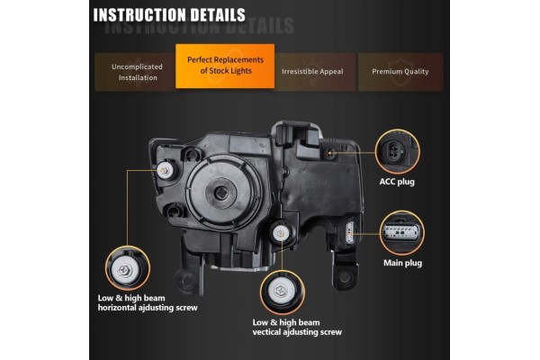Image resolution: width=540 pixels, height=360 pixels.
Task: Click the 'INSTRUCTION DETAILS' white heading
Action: tap(169, 14)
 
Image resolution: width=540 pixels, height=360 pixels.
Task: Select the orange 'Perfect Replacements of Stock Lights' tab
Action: tap(225, 66)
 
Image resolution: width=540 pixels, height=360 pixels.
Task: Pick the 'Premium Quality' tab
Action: tap(400, 72)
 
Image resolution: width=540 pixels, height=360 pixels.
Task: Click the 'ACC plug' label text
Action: tap(397, 182)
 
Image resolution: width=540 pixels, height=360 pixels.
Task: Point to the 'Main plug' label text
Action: tap(402, 263)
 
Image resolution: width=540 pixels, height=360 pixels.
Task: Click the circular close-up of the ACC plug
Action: tap(397, 151)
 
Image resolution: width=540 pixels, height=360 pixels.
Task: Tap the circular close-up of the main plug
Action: tap(402, 233)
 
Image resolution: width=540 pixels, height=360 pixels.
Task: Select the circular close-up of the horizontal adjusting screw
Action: tap(128, 268)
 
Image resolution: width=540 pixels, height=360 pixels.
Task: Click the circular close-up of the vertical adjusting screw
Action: tap(283, 292)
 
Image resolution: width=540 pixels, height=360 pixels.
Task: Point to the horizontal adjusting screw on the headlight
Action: tap(165, 170)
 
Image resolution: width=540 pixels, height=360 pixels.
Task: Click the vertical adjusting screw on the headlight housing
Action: tap(280, 234)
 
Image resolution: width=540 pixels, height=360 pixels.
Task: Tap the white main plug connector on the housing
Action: tap(350, 232)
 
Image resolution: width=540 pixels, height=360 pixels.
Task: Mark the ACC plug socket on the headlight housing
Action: tap(331, 152)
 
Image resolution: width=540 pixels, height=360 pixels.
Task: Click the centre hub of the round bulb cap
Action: tap(220, 193)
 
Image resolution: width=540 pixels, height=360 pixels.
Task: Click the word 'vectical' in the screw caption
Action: tap(266, 332)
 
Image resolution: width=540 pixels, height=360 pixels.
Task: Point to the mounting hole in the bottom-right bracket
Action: tap(344, 277)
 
